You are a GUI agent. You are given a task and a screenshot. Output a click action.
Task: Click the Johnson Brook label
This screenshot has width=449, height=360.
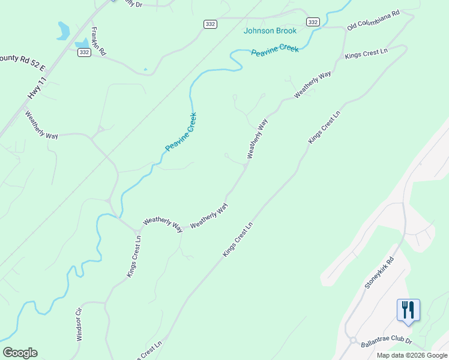click(x=270, y=31)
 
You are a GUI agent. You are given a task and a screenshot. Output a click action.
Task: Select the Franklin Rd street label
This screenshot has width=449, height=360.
click(x=98, y=41)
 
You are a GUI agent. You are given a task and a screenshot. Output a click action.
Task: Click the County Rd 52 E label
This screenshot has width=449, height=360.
click(x=22, y=59)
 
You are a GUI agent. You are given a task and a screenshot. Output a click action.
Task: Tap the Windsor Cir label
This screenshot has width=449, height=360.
click(x=78, y=325)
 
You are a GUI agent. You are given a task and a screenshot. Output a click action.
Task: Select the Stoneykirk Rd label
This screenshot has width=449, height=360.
click(x=380, y=273)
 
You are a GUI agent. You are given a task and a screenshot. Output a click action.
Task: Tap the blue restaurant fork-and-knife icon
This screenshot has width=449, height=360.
click(x=408, y=310)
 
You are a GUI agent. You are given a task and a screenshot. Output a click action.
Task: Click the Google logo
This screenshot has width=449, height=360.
click(x=20, y=353)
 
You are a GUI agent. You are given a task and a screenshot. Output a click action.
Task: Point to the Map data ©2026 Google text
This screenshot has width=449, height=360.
click(x=411, y=355)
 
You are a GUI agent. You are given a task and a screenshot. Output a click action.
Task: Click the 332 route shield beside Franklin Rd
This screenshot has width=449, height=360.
click(x=84, y=52)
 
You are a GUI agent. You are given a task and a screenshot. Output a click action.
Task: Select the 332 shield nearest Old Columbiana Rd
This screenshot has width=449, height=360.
click(x=312, y=22)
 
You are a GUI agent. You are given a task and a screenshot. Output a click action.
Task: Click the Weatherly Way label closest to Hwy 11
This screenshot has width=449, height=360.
click(x=41, y=125)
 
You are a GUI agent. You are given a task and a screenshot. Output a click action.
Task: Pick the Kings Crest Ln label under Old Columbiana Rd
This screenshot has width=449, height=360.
click(x=366, y=53)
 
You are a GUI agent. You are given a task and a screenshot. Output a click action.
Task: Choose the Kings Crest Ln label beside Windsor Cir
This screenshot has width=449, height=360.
click(x=134, y=256)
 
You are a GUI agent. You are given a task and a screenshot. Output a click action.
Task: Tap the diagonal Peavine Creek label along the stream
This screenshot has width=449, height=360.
click(x=181, y=132)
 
